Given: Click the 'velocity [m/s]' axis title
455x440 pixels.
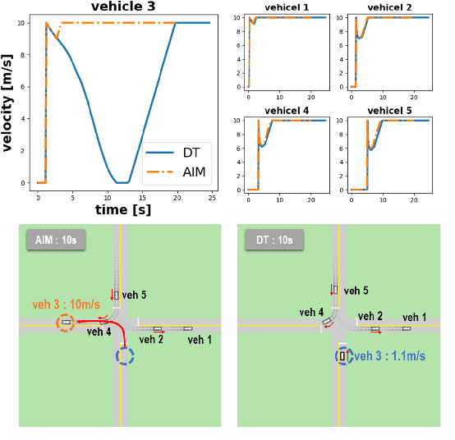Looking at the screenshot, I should pyautogui.click(x=7, y=103).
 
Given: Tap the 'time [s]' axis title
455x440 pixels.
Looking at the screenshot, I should pyautogui.click(x=122, y=210).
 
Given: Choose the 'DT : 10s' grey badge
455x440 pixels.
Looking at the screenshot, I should pyautogui.click(x=274, y=240).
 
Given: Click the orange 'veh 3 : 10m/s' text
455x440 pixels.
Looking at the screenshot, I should pyautogui.click(x=65, y=304).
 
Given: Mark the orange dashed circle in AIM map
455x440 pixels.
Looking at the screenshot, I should pyautogui.click(x=65, y=323).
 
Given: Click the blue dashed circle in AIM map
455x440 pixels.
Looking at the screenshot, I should pyautogui.click(x=125, y=356).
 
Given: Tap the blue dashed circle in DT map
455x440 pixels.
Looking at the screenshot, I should pyautogui.click(x=342, y=356).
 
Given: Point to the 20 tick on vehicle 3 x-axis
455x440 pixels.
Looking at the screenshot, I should pyautogui.click(x=177, y=198).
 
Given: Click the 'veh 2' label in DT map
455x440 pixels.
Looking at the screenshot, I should pyautogui.click(x=370, y=316).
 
